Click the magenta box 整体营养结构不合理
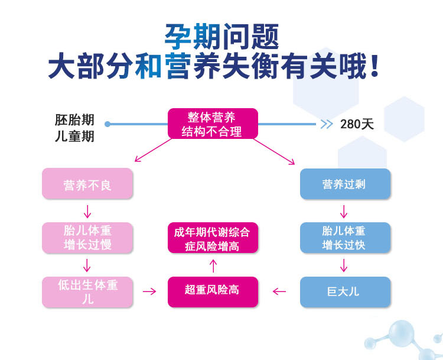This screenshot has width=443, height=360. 213,124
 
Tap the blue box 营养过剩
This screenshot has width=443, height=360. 345,184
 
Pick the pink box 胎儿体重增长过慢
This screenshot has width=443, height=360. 87,237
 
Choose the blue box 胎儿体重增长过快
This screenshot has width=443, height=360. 345,237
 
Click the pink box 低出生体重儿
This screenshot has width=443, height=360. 87,291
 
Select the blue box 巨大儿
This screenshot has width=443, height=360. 345,291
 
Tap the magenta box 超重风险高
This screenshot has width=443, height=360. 213,291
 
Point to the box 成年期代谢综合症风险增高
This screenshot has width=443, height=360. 213,238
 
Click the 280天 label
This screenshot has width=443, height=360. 357,124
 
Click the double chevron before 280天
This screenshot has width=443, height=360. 326,124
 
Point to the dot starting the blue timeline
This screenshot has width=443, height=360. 108,124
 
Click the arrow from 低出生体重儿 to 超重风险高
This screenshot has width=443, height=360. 149,291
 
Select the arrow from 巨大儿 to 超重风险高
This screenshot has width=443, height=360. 279,291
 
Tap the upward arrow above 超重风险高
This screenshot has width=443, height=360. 213,265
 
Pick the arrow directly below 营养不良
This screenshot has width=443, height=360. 87,211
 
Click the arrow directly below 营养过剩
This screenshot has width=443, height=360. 344,211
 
